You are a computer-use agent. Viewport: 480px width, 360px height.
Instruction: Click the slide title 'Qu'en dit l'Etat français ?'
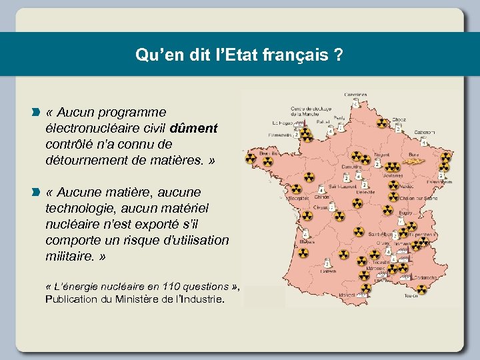239,55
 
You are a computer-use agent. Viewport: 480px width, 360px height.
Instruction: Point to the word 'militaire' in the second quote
69,256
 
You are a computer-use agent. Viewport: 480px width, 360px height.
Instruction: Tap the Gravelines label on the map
357,95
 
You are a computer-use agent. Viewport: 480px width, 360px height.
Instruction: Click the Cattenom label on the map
425,131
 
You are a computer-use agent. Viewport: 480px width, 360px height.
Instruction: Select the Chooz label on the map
399,120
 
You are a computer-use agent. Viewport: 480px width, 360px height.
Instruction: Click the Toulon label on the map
411,295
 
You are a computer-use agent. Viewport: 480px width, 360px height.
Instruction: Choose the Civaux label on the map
321,207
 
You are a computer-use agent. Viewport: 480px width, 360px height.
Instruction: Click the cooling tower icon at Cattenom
425,141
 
